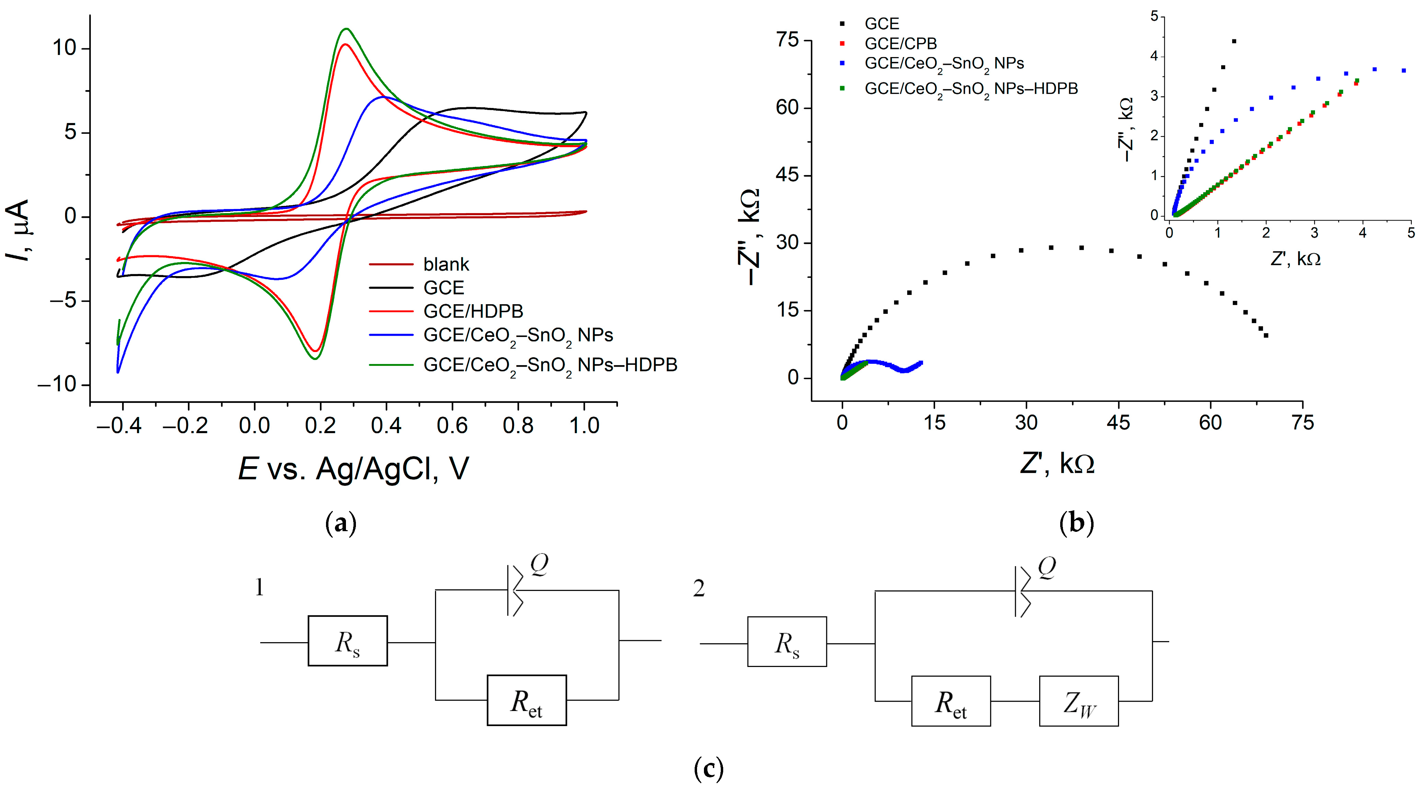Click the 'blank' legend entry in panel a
(x=446, y=264)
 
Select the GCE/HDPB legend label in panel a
(x=473, y=311)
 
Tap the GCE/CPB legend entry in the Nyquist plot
(x=900, y=44)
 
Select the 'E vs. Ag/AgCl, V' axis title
(x=354, y=469)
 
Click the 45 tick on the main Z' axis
(x=1119, y=423)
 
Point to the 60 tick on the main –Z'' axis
(x=787, y=108)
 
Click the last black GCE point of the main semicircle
(x=1266, y=335)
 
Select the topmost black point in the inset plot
(x=1234, y=41)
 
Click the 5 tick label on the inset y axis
(x=1154, y=17)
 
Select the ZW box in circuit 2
(x=1078, y=701)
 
